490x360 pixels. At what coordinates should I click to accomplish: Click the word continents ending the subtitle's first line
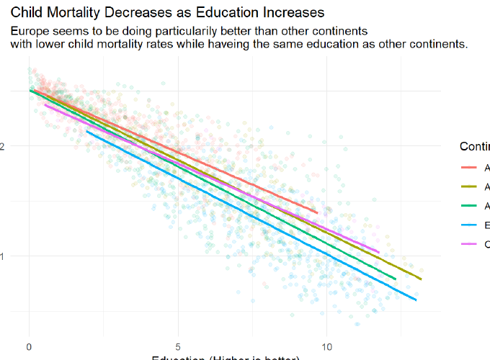click(x=341, y=32)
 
